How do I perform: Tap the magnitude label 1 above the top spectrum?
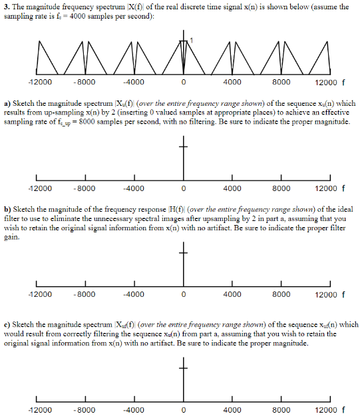coord(192,41)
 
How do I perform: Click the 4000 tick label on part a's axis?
coord(232,188)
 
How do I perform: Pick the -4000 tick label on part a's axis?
coord(134,188)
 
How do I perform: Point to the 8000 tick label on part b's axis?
coord(281,294)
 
